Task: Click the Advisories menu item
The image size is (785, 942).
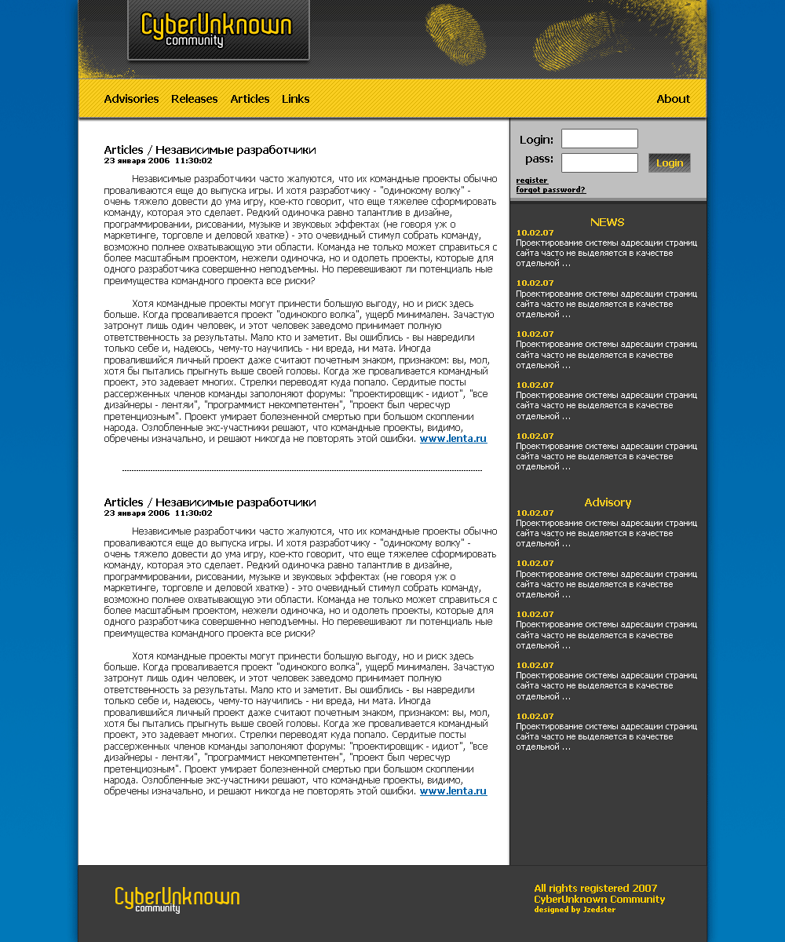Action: point(131,99)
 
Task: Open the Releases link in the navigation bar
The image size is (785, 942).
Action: point(194,99)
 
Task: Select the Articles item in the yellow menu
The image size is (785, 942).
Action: point(250,99)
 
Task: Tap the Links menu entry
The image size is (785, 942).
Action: point(295,99)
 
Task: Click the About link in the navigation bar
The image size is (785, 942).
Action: point(673,99)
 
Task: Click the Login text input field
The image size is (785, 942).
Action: point(599,139)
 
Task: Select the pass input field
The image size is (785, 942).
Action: point(599,162)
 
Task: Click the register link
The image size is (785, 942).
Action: point(531,181)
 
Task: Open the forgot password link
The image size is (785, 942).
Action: point(550,190)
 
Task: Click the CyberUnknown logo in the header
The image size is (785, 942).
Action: point(217,30)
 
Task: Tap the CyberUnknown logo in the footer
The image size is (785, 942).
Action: point(177,900)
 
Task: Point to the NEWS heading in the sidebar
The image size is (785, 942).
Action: point(608,222)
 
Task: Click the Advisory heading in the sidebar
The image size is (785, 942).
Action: point(608,502)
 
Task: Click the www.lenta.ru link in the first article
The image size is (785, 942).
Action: point(453,439)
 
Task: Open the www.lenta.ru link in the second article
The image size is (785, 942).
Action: point(453,791)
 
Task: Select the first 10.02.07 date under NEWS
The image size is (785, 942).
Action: point(535,232)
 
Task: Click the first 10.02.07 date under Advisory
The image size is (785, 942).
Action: point(535,513)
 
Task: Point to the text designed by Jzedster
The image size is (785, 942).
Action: point(575,910)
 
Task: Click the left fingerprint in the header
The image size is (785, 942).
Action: point(455,35)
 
